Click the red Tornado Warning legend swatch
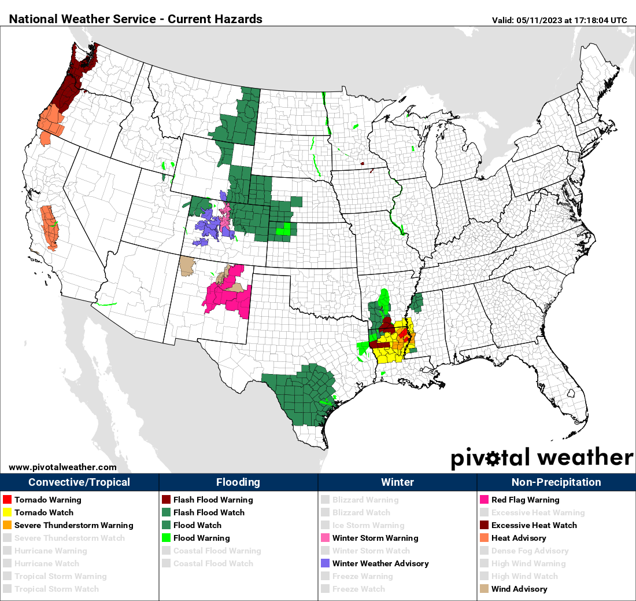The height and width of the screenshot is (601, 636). [x=7, y=500]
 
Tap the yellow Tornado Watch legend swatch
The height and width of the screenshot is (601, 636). [x=7, y=512]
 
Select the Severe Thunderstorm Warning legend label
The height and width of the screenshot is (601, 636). [x=73, y=525]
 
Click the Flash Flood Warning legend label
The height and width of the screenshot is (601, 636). [x=213, y=500]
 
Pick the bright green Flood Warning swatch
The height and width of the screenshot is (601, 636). [x=166, y=538]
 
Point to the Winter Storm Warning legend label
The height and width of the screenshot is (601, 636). [x=375, y=538]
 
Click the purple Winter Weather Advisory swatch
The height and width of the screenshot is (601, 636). [x=325, y=563]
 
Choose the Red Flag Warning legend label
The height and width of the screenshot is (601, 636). [x=525, y=500]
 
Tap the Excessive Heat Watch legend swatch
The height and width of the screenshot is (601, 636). [x=484, y=525]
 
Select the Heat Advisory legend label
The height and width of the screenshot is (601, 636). [x=519, y=538]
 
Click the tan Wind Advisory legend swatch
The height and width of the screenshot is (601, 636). [x=484, y=589]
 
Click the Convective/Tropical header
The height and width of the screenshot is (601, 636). [x=79, y=482]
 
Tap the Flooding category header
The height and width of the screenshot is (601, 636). [x=238, y=482]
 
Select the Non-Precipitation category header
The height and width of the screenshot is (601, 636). [x=556, y=482]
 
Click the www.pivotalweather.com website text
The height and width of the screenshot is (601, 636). [x=62, y=467]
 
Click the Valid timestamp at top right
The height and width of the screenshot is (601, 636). [x=559, y=20]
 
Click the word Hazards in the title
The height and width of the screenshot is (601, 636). [x=239, y=19]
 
